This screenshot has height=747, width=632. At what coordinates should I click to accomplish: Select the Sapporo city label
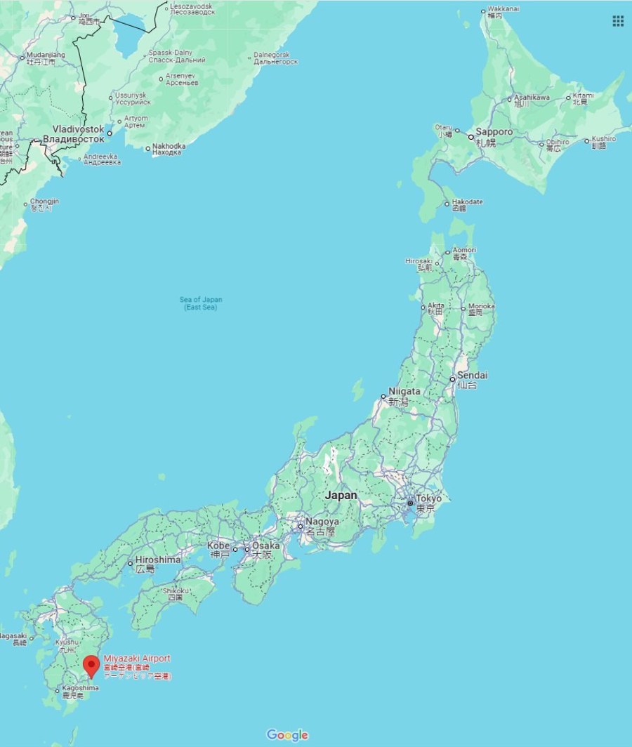494,132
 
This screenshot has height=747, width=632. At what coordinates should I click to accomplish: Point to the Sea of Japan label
201,303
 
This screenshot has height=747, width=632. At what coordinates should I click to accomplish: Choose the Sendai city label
473,376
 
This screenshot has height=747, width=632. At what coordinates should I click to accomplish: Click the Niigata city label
404,392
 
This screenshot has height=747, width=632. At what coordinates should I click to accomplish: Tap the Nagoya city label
322,522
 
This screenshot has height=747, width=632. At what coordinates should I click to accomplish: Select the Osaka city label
266,546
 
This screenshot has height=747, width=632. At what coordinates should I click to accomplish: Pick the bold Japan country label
341,495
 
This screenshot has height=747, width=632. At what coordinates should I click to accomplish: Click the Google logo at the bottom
287,735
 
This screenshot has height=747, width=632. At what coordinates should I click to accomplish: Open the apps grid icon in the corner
618,21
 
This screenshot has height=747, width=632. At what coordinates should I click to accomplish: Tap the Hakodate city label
467,202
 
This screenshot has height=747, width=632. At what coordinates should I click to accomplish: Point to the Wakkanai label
505,10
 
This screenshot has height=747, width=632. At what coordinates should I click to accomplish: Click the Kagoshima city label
80,688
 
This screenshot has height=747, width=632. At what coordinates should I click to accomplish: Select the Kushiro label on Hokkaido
603,139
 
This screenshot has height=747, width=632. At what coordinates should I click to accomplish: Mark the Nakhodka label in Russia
169,147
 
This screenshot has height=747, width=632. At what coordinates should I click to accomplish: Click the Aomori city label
464,250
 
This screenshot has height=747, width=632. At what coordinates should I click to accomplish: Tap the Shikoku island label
176,591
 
